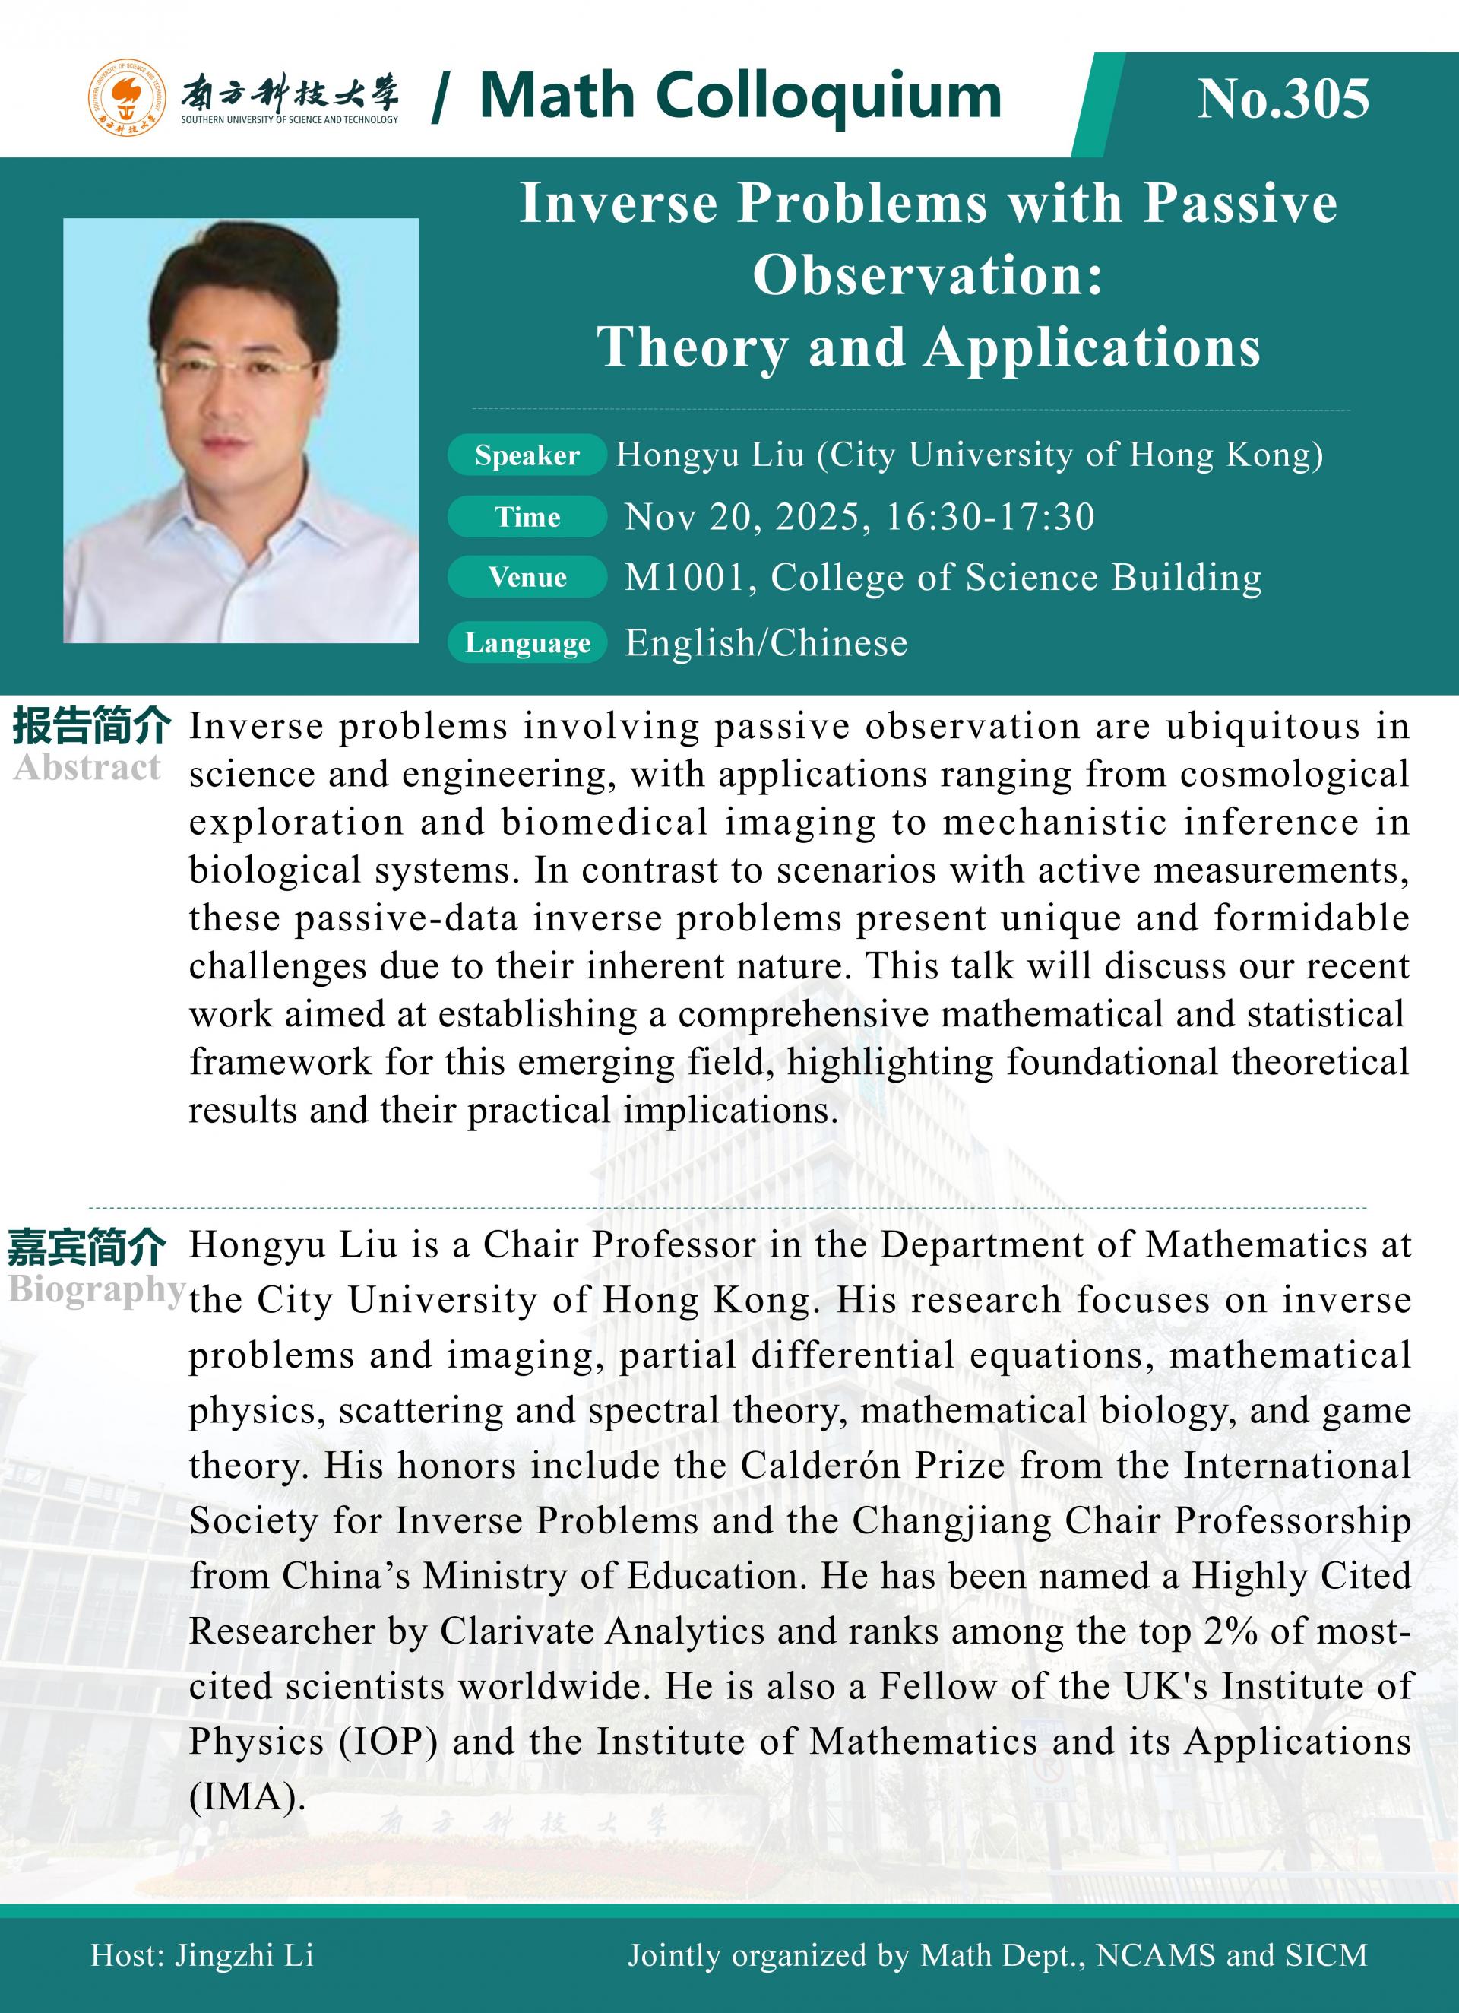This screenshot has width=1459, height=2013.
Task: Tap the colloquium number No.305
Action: tap(1283, 99)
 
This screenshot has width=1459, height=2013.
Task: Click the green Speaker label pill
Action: tap(527, 455)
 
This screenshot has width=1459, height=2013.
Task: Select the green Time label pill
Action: tap(527, 517)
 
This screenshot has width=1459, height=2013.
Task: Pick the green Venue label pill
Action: tap(527, 578)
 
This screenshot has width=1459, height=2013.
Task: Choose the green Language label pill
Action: tap(527, 642)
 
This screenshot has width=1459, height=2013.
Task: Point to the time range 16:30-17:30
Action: tap(989, 517)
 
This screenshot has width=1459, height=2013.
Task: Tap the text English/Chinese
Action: tap(766, 642)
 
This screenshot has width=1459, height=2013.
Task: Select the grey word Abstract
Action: tap(87, 768)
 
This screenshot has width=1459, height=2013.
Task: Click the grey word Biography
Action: tap(96, 1289)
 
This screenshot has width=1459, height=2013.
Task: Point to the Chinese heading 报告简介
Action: tap(91, 727)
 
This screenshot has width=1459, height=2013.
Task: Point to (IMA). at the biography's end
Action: tap(248, 1796)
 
